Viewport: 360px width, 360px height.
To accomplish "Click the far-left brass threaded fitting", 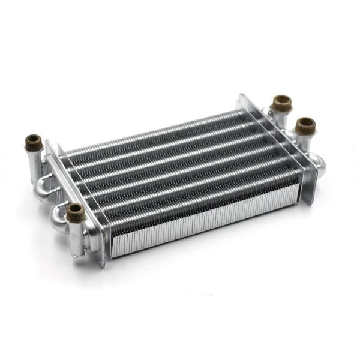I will (x=34, y=143).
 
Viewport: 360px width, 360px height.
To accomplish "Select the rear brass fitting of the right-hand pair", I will (x=281, y=103).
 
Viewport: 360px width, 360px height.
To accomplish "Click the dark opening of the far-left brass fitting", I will (x=34, y=139).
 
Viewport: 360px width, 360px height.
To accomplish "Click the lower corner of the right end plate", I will (x=311, y=203).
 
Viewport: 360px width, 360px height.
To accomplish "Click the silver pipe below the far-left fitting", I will (x=34, y=165).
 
